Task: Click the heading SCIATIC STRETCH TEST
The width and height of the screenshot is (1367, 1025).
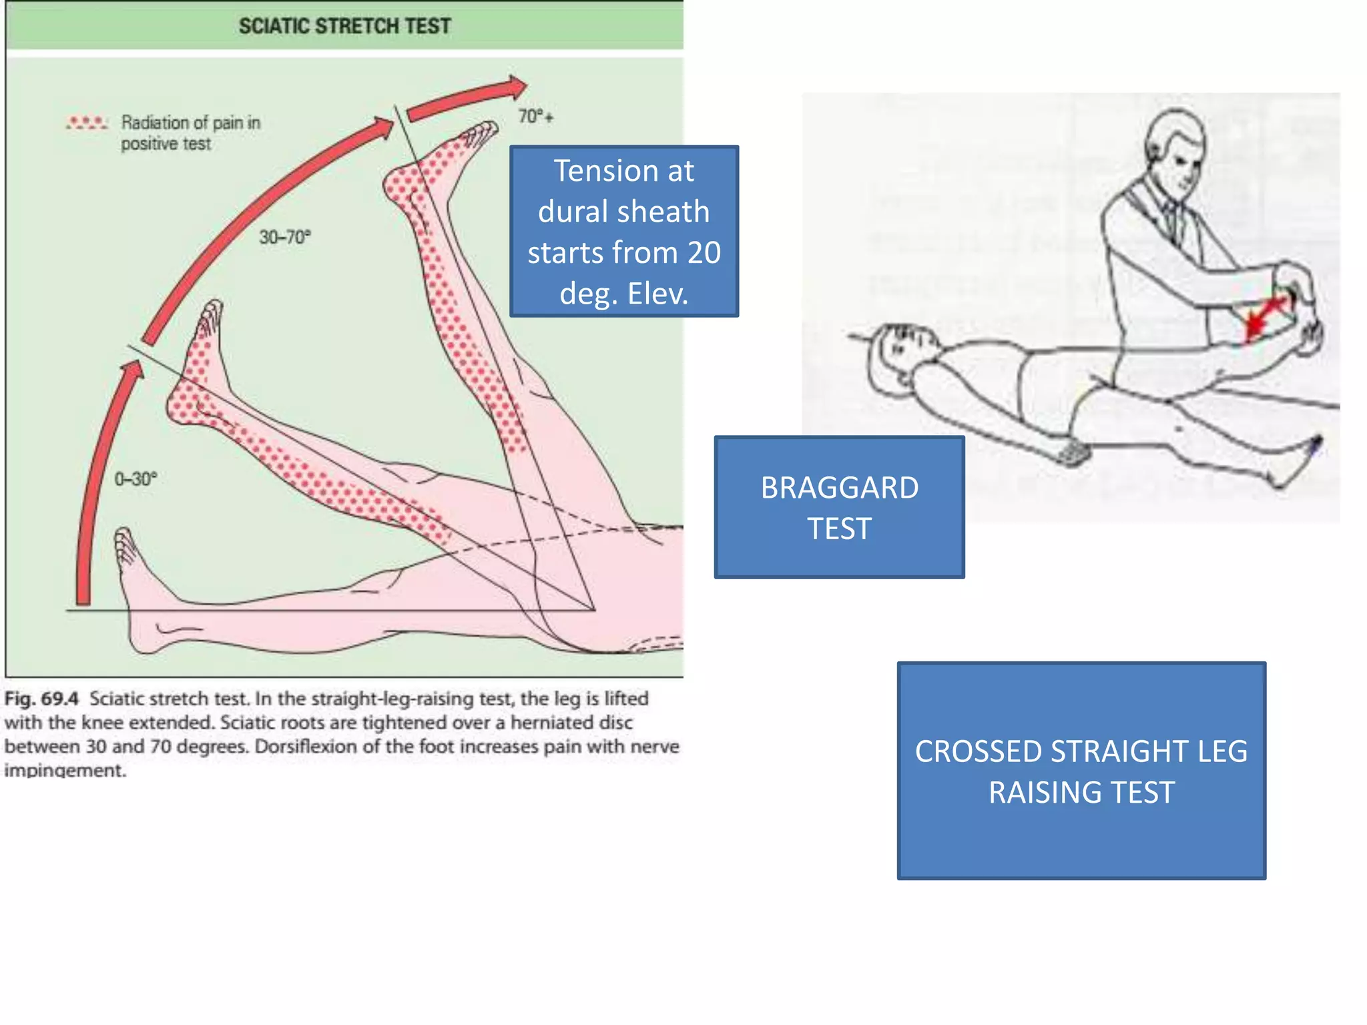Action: click(x=344, y=26)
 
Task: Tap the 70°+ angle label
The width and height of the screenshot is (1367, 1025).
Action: click(x=535, y=117)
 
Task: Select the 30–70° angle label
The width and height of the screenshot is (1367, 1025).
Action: click(x=285, y=237)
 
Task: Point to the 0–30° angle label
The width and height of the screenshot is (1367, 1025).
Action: click(x=135, y=479)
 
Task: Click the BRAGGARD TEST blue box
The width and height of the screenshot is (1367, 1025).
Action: click(x=839, y=507)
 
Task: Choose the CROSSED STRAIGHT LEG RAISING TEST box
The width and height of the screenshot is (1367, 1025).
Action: click(x=1081, y=771)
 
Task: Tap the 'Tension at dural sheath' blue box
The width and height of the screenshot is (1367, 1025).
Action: click(x=623, y=231)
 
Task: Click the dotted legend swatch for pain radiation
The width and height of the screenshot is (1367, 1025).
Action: click(x=86, y=123)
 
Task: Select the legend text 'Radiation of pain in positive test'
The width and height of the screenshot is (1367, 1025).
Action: click(x=190, y=133)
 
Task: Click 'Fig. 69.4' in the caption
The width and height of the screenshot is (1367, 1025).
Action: click(x=41, y=699)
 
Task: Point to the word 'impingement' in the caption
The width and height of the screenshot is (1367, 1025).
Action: click(x=65, y=770)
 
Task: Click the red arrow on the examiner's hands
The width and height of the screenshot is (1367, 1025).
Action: click(x=1265, y=316)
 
